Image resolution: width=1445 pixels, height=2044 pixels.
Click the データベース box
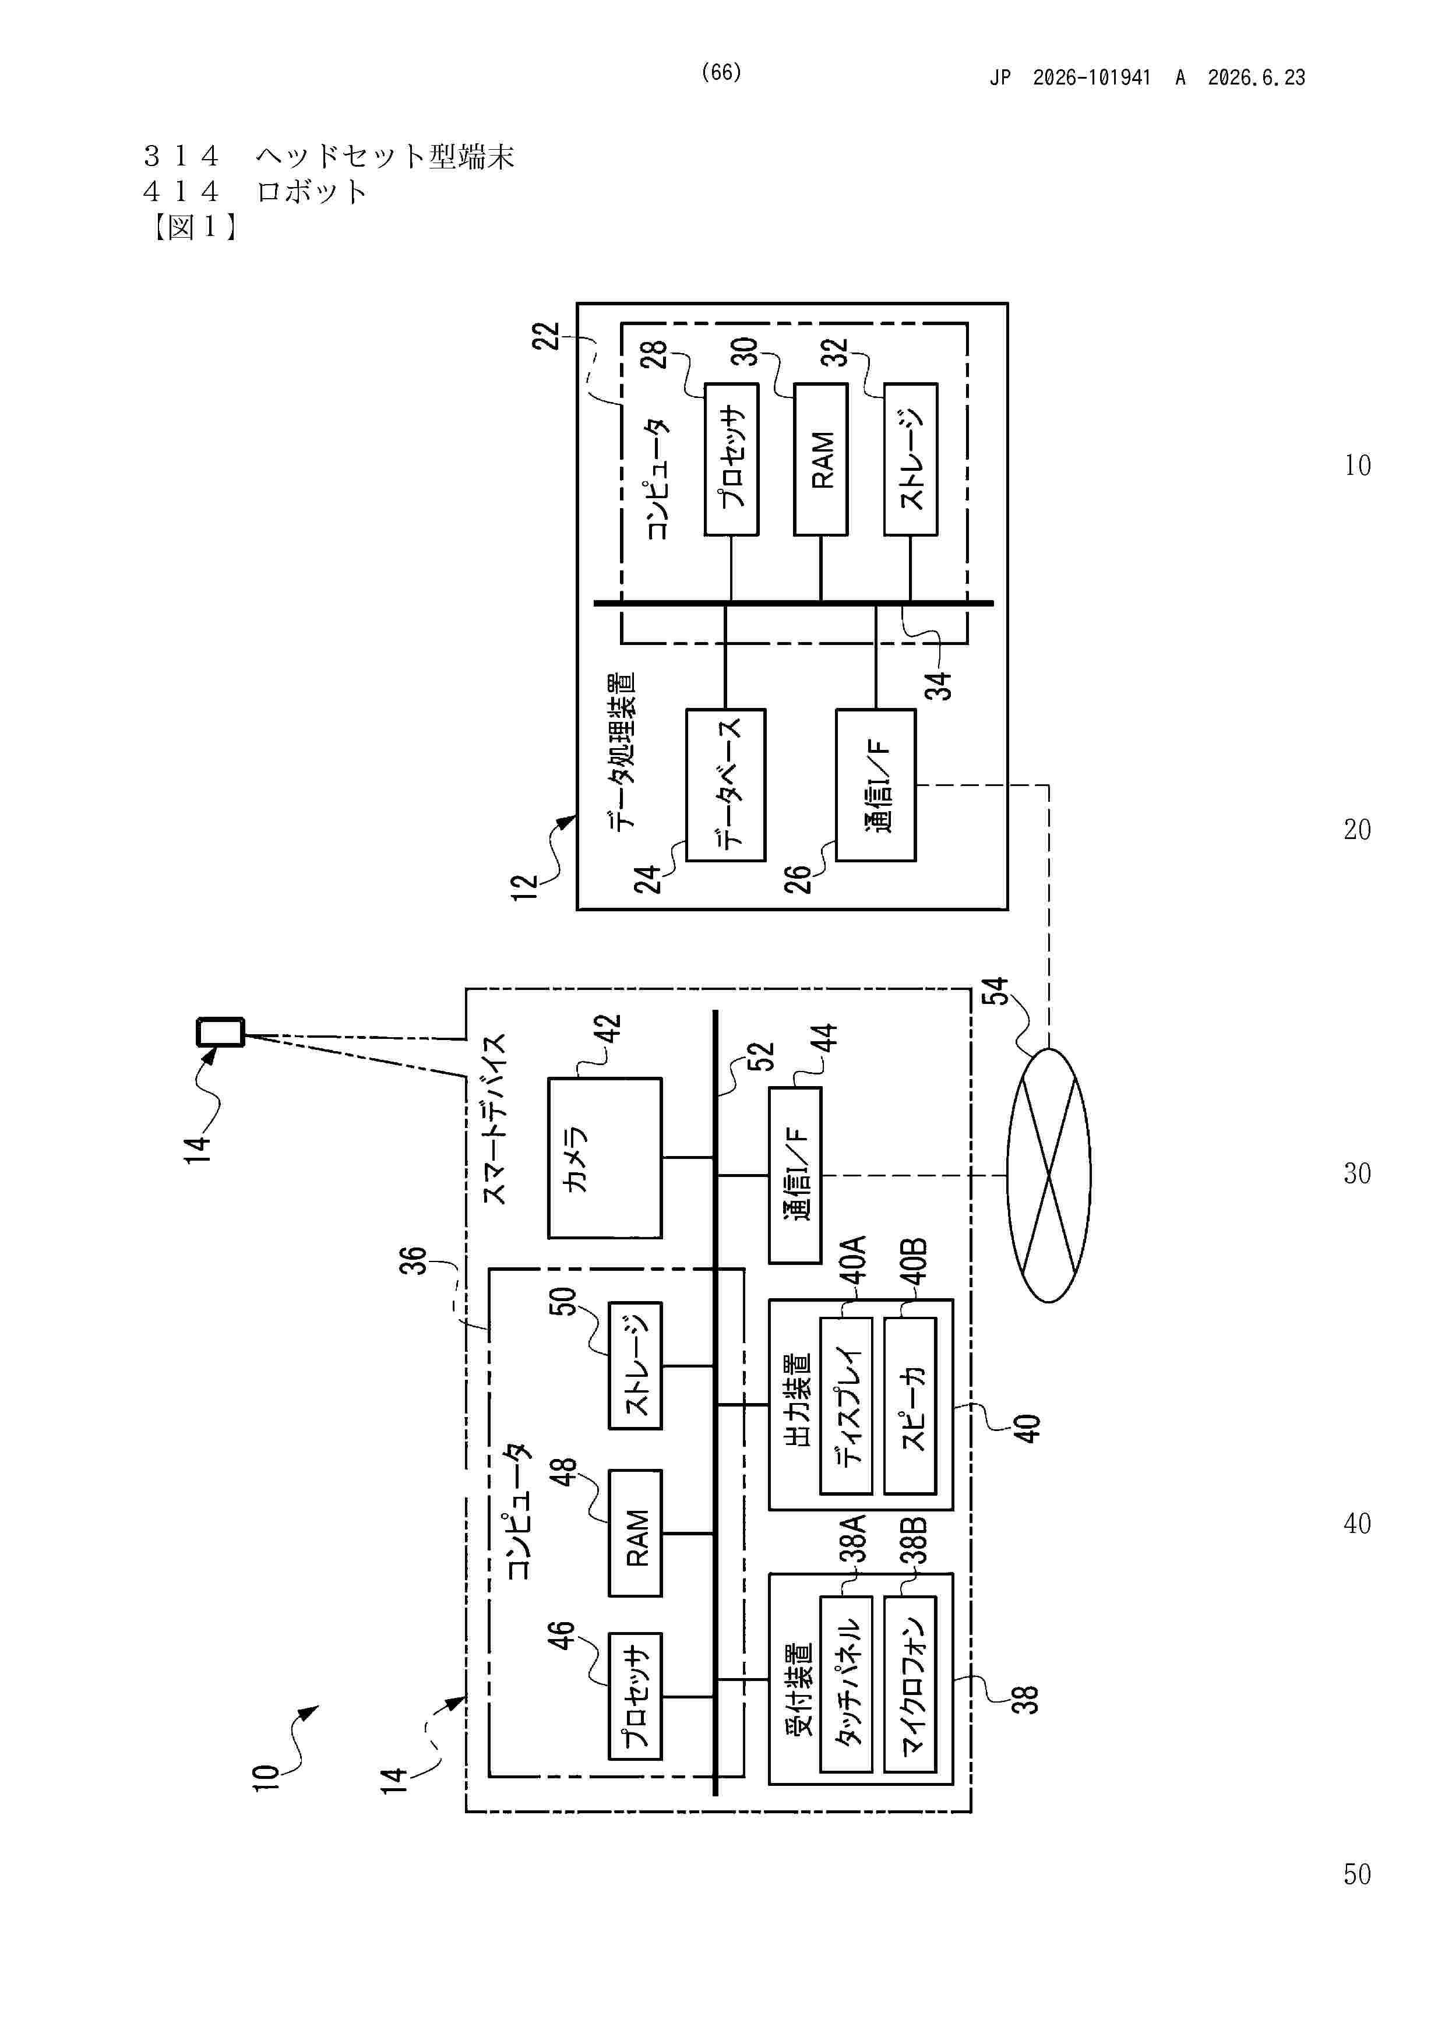(725, 785)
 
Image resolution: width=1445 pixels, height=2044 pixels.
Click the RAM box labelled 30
(820, 459)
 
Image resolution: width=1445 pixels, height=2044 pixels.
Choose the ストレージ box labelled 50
(635, 1366)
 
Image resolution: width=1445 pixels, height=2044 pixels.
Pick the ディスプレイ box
(846, 1406)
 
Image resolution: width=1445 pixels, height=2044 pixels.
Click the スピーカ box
(910, 1406)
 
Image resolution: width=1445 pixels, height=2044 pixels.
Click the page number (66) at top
(721, 72)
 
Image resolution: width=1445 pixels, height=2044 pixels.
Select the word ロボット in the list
(312, 191)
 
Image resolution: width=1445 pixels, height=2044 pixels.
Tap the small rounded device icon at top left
(220, 1032)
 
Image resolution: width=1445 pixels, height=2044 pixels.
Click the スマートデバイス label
(494, 1119)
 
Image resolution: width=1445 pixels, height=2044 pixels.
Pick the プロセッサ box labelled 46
(635, 1696)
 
